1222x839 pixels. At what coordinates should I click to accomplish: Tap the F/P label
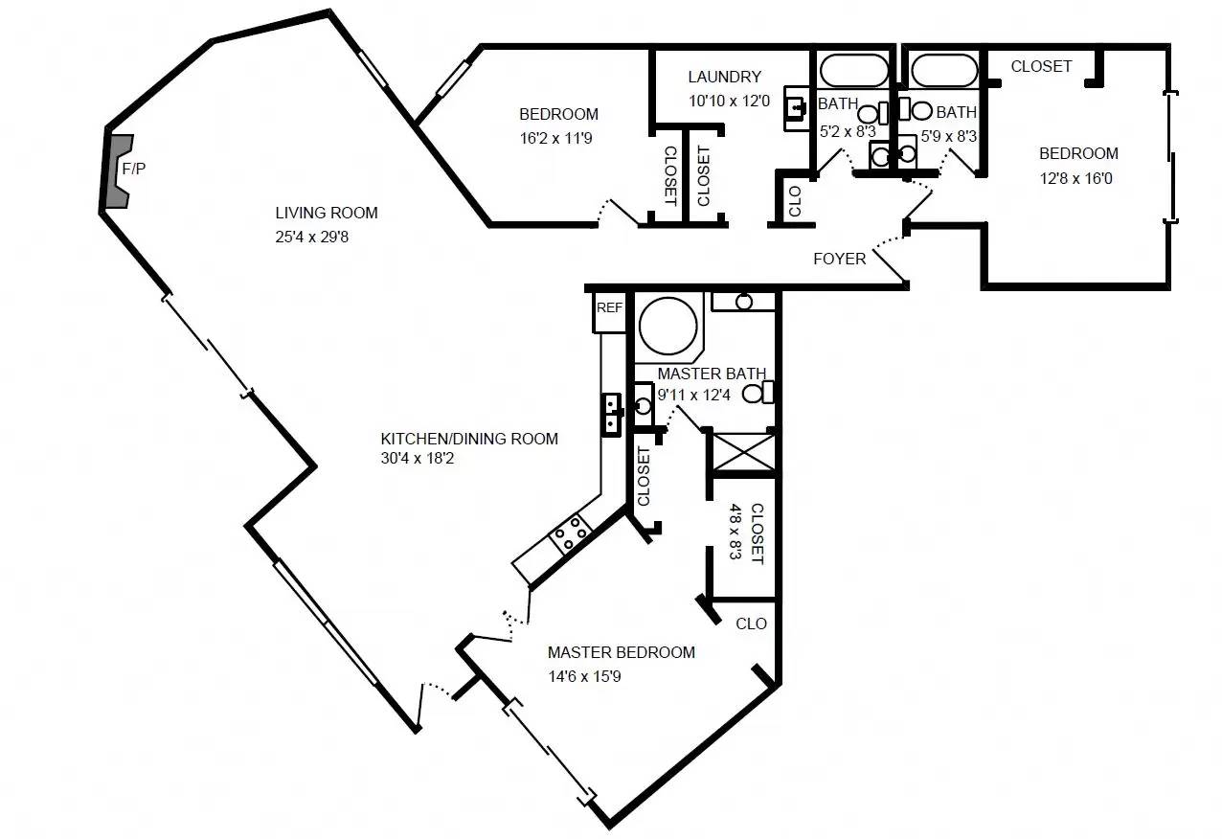pyautogui.click(x=134, y=169)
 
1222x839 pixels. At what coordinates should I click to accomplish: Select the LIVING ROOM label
pyautogui.click(x=327, y=213)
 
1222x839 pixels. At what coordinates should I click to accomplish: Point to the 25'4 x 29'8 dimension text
pyautogui.click(x=311, y=237)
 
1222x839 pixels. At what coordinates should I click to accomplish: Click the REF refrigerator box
pyautogui.click(x=609, y=312)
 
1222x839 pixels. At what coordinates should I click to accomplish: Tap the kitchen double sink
pyautogui.click(x=612, y=415)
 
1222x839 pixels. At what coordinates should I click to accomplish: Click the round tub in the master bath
pyautogui.click(x=668, y=327)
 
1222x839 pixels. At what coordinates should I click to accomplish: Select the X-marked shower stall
pyautogui.click(x=743, y=452)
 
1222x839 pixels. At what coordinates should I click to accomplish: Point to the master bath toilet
pyautogui.click(x=758, y=393)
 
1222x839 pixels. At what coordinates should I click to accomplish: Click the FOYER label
pyautogui.click(x=840, y=259)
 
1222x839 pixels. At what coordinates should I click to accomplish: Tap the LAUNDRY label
pyautogui.click(x=724, y=77)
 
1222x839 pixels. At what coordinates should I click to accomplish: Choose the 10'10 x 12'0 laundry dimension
pyautogui.click(x=730, y=101)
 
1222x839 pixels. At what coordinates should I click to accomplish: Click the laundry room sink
pyautogui.click(x=796, y=108)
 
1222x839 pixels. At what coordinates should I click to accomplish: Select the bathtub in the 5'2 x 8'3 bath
pyautogui.click(x=852, y=70)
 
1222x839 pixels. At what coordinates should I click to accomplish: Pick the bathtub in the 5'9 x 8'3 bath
pyautogui.click(x=944, y=70)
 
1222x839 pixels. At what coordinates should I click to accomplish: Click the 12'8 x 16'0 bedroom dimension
pyautogui.click(x=1075, y=178)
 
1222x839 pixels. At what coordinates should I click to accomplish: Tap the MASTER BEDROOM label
pyautogui.click(x=622, y=652)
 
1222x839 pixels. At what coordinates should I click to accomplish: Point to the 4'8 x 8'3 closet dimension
pyautogui.click(x=735, y=531)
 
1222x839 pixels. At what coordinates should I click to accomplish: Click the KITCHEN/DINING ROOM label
pyautogui.click(x=469, y=439)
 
